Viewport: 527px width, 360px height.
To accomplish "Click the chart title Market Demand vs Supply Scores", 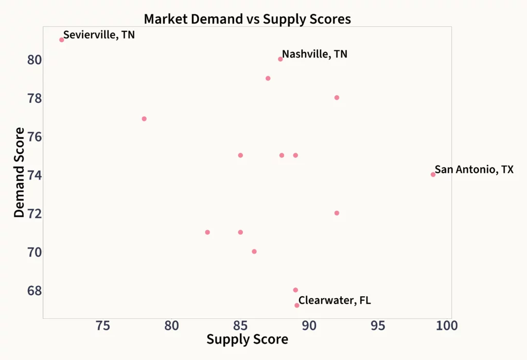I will tap(247, 19).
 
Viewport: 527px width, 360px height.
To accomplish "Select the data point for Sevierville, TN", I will tap(62, 40).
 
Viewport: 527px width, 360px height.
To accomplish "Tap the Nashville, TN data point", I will tap(280, 59).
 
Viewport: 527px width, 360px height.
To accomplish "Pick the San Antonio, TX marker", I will tap(433, 174).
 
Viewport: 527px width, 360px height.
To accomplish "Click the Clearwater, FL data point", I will tap(297, 305).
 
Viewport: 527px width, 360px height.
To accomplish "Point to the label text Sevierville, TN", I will tap(99, 35).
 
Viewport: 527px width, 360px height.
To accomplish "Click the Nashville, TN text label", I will tap(314, 54).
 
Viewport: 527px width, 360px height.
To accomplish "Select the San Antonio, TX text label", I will tap(474, 170).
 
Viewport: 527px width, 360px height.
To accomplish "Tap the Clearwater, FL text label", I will tap(335, 300).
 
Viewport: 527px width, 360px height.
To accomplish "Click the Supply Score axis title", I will tap(247, 339).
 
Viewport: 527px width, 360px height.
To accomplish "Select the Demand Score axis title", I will tap(19, 172).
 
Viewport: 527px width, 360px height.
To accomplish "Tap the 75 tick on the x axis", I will tap(103, 326).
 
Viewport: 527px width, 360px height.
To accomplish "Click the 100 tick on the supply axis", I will tap(446, 326).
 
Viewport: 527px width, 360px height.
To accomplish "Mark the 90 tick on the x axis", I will tap(309, 326).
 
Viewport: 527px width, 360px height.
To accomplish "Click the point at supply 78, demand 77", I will tap(144, 119).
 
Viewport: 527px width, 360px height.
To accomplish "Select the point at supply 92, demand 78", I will tap(337, 98).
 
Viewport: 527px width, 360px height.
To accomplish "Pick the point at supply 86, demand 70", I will tap(254, 251).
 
